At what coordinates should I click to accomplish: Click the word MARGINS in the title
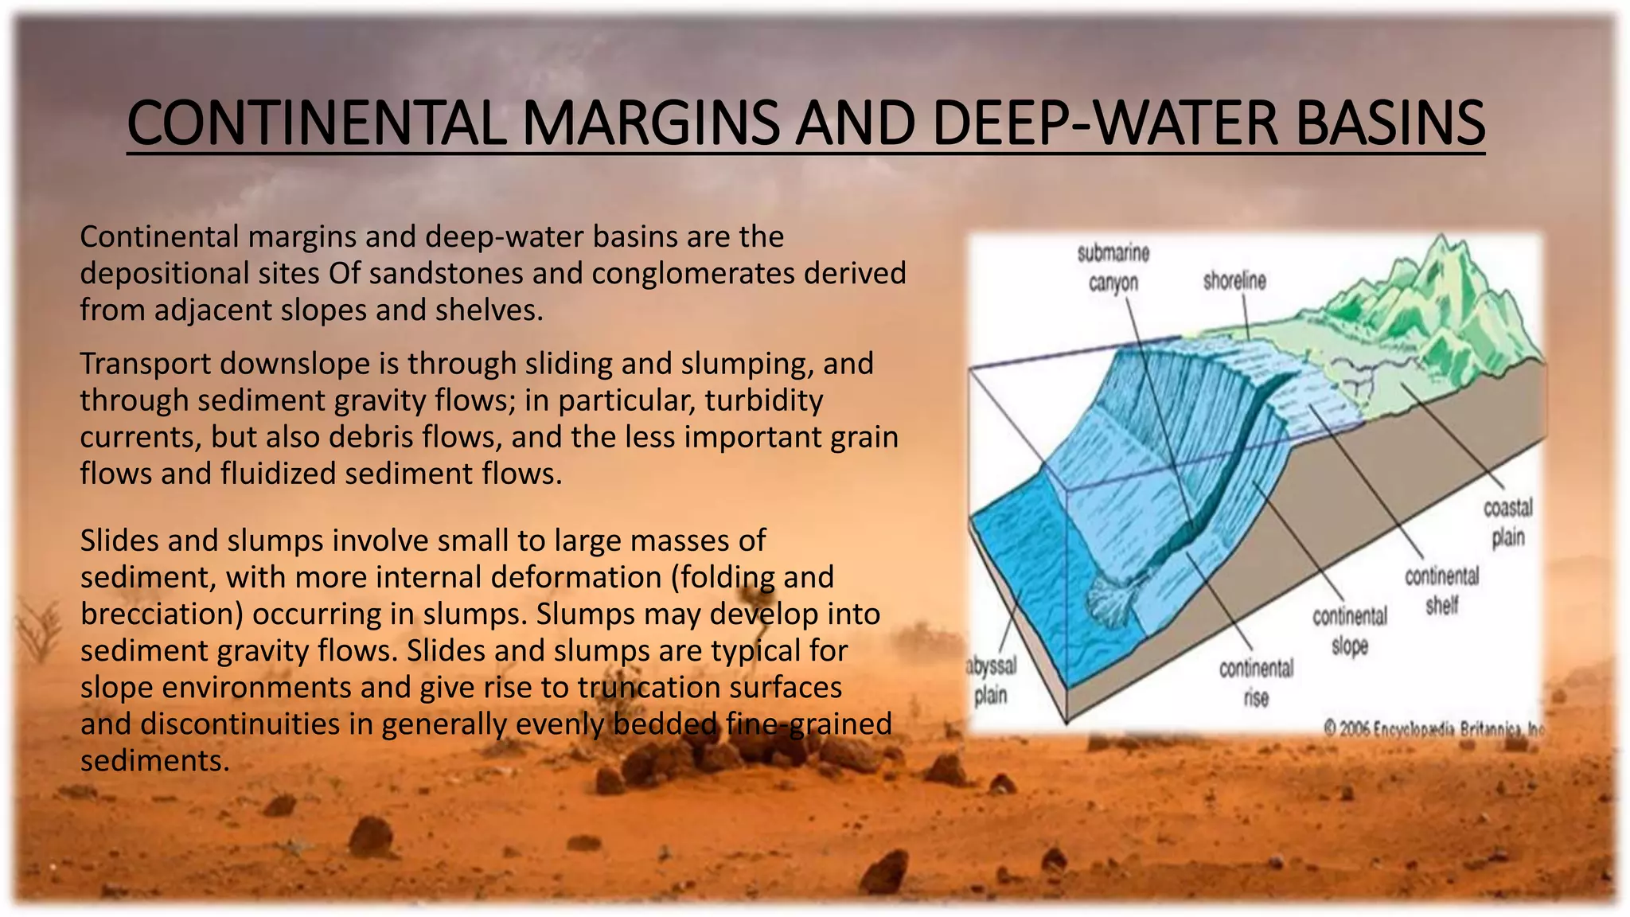pyautogui.click(x=650, y=123)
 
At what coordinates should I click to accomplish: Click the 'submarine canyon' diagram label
pyautogui.click(x=1113, y=267)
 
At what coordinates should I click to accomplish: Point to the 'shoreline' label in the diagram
pyautogui.click(x=1234, y=281)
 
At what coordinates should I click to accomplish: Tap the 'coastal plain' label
pyautogui.click(x=1507, y=522)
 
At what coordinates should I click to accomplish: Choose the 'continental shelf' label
pyautogui.click(x=1441, y=590)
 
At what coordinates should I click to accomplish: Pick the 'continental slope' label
pyautogui.click(x=1350, y=630)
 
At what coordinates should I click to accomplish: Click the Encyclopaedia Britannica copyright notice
pyautogui.click(x=1433, y=728)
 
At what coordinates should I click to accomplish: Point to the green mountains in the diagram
pyautogui.click(x=1433, y=302)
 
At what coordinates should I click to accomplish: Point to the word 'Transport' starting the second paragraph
pyautogui.click(x=146, y=364)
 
